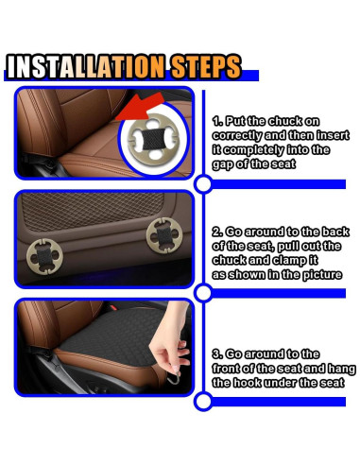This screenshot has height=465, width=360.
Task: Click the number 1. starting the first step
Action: pyautogui.click(x=217, y=122)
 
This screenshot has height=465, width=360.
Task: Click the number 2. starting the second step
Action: pyautogui.click(x=216, y=230)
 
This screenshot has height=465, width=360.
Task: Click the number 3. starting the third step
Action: pyautogui.click(x=217, y=353)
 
